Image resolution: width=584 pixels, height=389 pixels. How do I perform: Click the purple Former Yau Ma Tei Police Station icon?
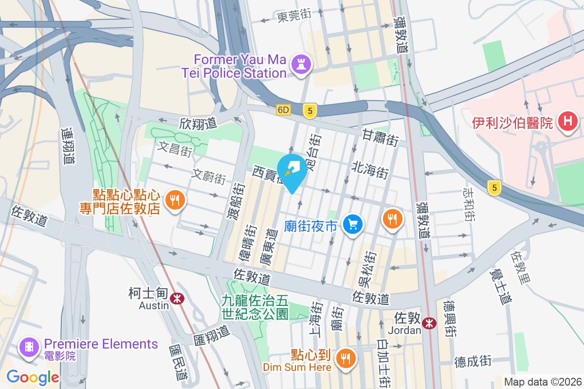pos(301,65)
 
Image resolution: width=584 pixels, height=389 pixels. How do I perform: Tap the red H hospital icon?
pos(567,122)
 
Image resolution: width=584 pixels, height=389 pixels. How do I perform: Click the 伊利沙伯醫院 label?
pos(512,122)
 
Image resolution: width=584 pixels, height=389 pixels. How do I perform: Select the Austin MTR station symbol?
pos(177,298)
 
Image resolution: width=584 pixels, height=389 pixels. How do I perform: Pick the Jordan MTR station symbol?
pos(429,323)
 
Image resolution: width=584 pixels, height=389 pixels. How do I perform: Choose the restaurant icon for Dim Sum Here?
pos(346,359)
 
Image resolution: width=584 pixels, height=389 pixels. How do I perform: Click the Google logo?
pos(33,377)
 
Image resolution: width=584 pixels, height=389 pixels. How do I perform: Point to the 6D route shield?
pos(283,110)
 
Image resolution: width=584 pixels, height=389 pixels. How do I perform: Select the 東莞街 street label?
pos(294,16)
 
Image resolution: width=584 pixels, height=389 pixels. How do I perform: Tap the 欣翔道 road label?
pos(198,124)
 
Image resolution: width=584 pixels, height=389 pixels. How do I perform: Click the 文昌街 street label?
pos(175,148)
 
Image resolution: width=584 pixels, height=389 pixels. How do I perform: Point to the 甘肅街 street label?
pos(380,138)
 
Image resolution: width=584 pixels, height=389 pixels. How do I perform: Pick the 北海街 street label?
pos(370,170)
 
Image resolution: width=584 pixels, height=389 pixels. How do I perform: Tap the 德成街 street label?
pos(473,361)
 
